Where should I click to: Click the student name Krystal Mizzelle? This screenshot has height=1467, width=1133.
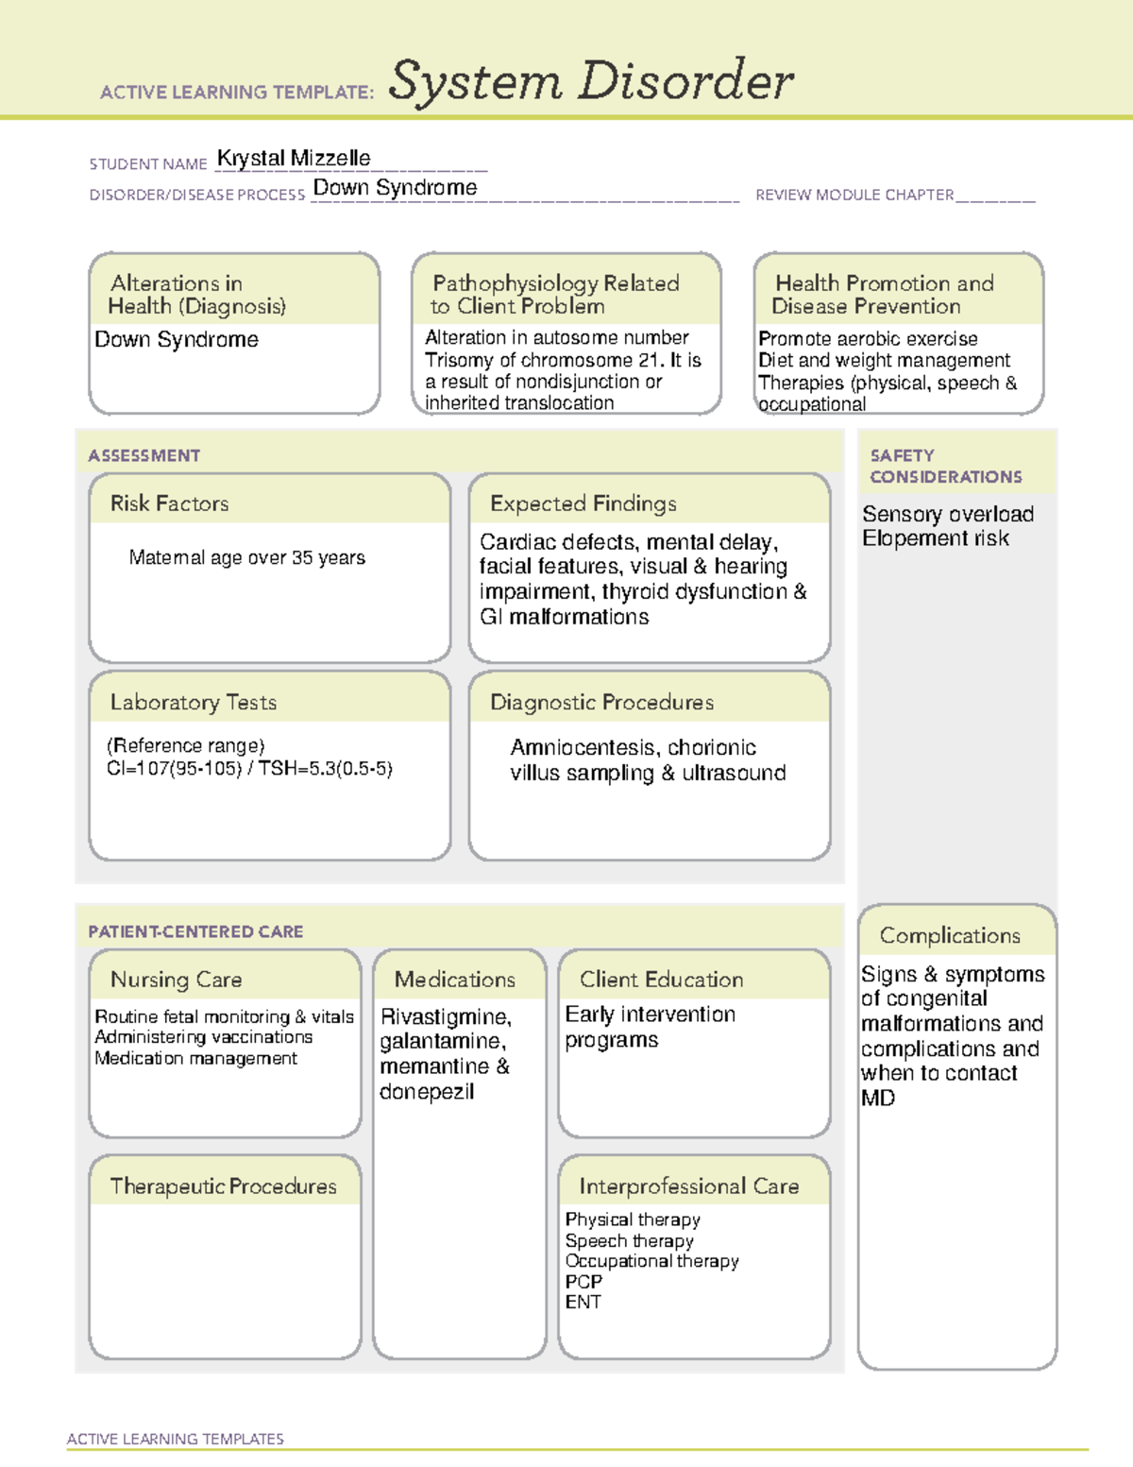pyautogui.click(x=294, y=159)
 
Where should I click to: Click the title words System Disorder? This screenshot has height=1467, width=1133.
pyautogui.click(x=591, y=81)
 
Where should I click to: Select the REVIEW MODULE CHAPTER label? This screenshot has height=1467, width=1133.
pyautogui.click(x=854, y=195)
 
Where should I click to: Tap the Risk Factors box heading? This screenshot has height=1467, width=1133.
pyautogui.click(x=170, y=503)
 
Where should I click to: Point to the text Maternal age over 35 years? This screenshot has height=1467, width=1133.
pyautogui.click(x=246, y=558)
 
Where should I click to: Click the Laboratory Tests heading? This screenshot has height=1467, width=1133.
pyautogui.click(x=194, y=702)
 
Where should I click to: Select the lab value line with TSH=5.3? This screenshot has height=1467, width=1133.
pyautogui.click(x=249, y=769)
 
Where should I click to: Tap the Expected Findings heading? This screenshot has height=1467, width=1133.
pyautogui.click(x=583, y=503)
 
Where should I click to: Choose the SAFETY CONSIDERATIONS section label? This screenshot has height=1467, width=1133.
pyautogui.click(x=945, y=466)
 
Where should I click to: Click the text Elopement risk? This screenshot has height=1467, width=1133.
pyautogui.click(x=935, y=538)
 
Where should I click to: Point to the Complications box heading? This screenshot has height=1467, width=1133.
pyautogui.click(x=950, y=935)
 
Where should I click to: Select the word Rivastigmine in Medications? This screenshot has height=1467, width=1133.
pyautogui.click(x=445, y=1016)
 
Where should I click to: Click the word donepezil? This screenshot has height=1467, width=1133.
pyautogui.click(x=427, y=1092)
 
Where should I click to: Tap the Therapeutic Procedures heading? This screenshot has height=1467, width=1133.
pyautogui.click(x=224, y=1186)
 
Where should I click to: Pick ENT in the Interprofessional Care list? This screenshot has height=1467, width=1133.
pyautogui.click(x=583, y=1302)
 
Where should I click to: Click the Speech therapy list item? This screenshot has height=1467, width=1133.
pyautogui.click(x=629, y=1240)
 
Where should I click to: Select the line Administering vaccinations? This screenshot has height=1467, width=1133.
pyautogui.click(x=203, y=1037)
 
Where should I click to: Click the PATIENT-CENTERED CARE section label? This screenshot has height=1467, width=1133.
pyautogui.click(x=195, y=931)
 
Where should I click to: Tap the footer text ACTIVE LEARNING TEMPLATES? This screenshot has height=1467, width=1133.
pyautogui.click(x=176, y=1439)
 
